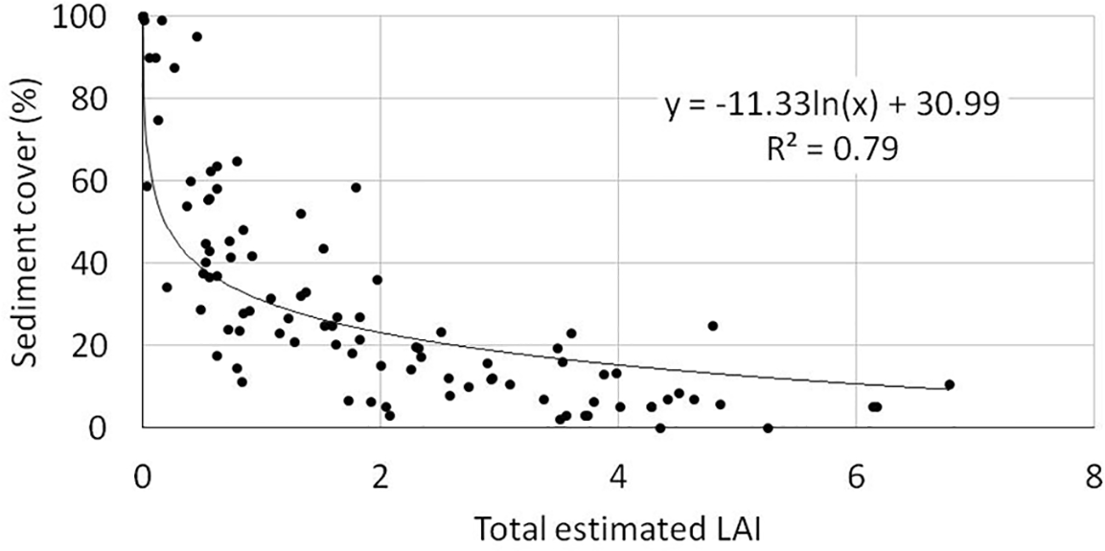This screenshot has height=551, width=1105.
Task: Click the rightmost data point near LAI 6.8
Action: coord(950,384)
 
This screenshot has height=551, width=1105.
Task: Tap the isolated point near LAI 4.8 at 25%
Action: coord(712,326)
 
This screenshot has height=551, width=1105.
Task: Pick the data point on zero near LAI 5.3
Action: coord(768,427)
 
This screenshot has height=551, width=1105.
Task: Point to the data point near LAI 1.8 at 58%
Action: coord(356,187)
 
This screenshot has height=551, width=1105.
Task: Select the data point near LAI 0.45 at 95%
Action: coord(196,36)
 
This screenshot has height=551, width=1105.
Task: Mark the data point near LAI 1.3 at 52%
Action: coord(301,214)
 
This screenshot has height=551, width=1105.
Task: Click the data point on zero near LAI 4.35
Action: coord(660,427)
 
